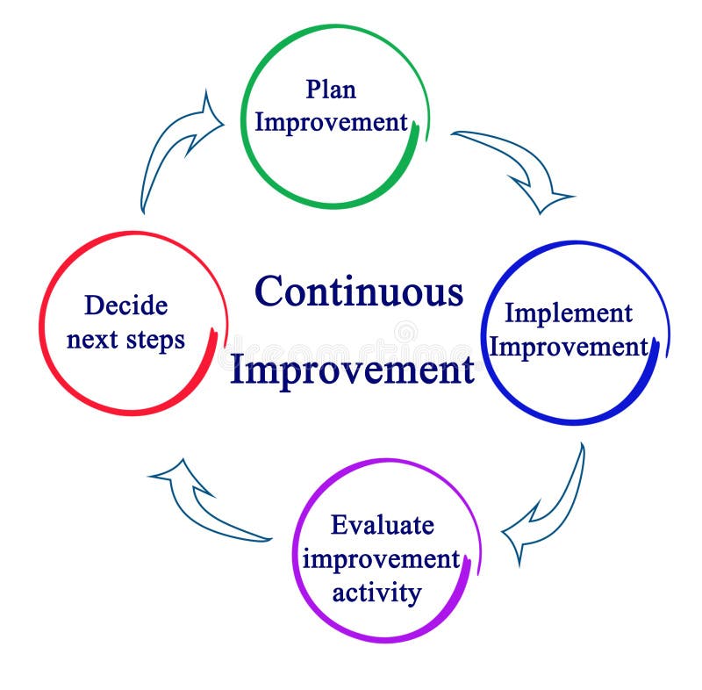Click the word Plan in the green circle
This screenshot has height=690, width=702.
click(331, 90)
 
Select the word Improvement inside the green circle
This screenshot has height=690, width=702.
click(331, 122)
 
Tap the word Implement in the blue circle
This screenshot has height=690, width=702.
click(568, 313)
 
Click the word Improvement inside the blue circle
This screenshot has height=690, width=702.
click(568, 347)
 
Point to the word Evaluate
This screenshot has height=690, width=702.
click(382, 526)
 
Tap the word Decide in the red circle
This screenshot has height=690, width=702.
click(125, 306)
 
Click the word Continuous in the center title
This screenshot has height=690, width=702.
click(359, 291)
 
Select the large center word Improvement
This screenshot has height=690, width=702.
click(351, 370)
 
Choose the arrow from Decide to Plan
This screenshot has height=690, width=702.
click(175, 149)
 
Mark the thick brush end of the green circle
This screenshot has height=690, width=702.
click(412, 140)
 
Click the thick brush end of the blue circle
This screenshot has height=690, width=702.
click(654, 360)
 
